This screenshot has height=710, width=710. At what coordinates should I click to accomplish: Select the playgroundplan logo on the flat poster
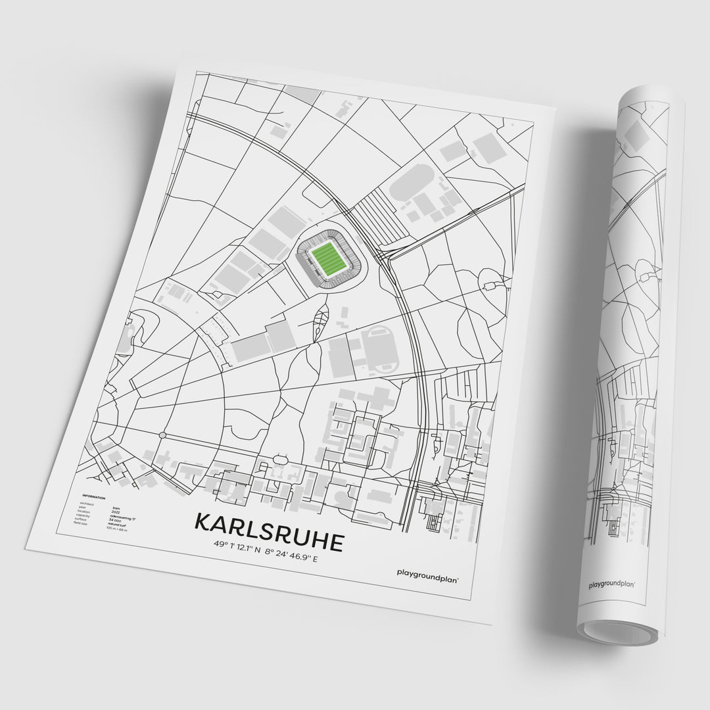[x=428, y=573]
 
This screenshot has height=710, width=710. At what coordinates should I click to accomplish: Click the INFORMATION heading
[x=94, y=497]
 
